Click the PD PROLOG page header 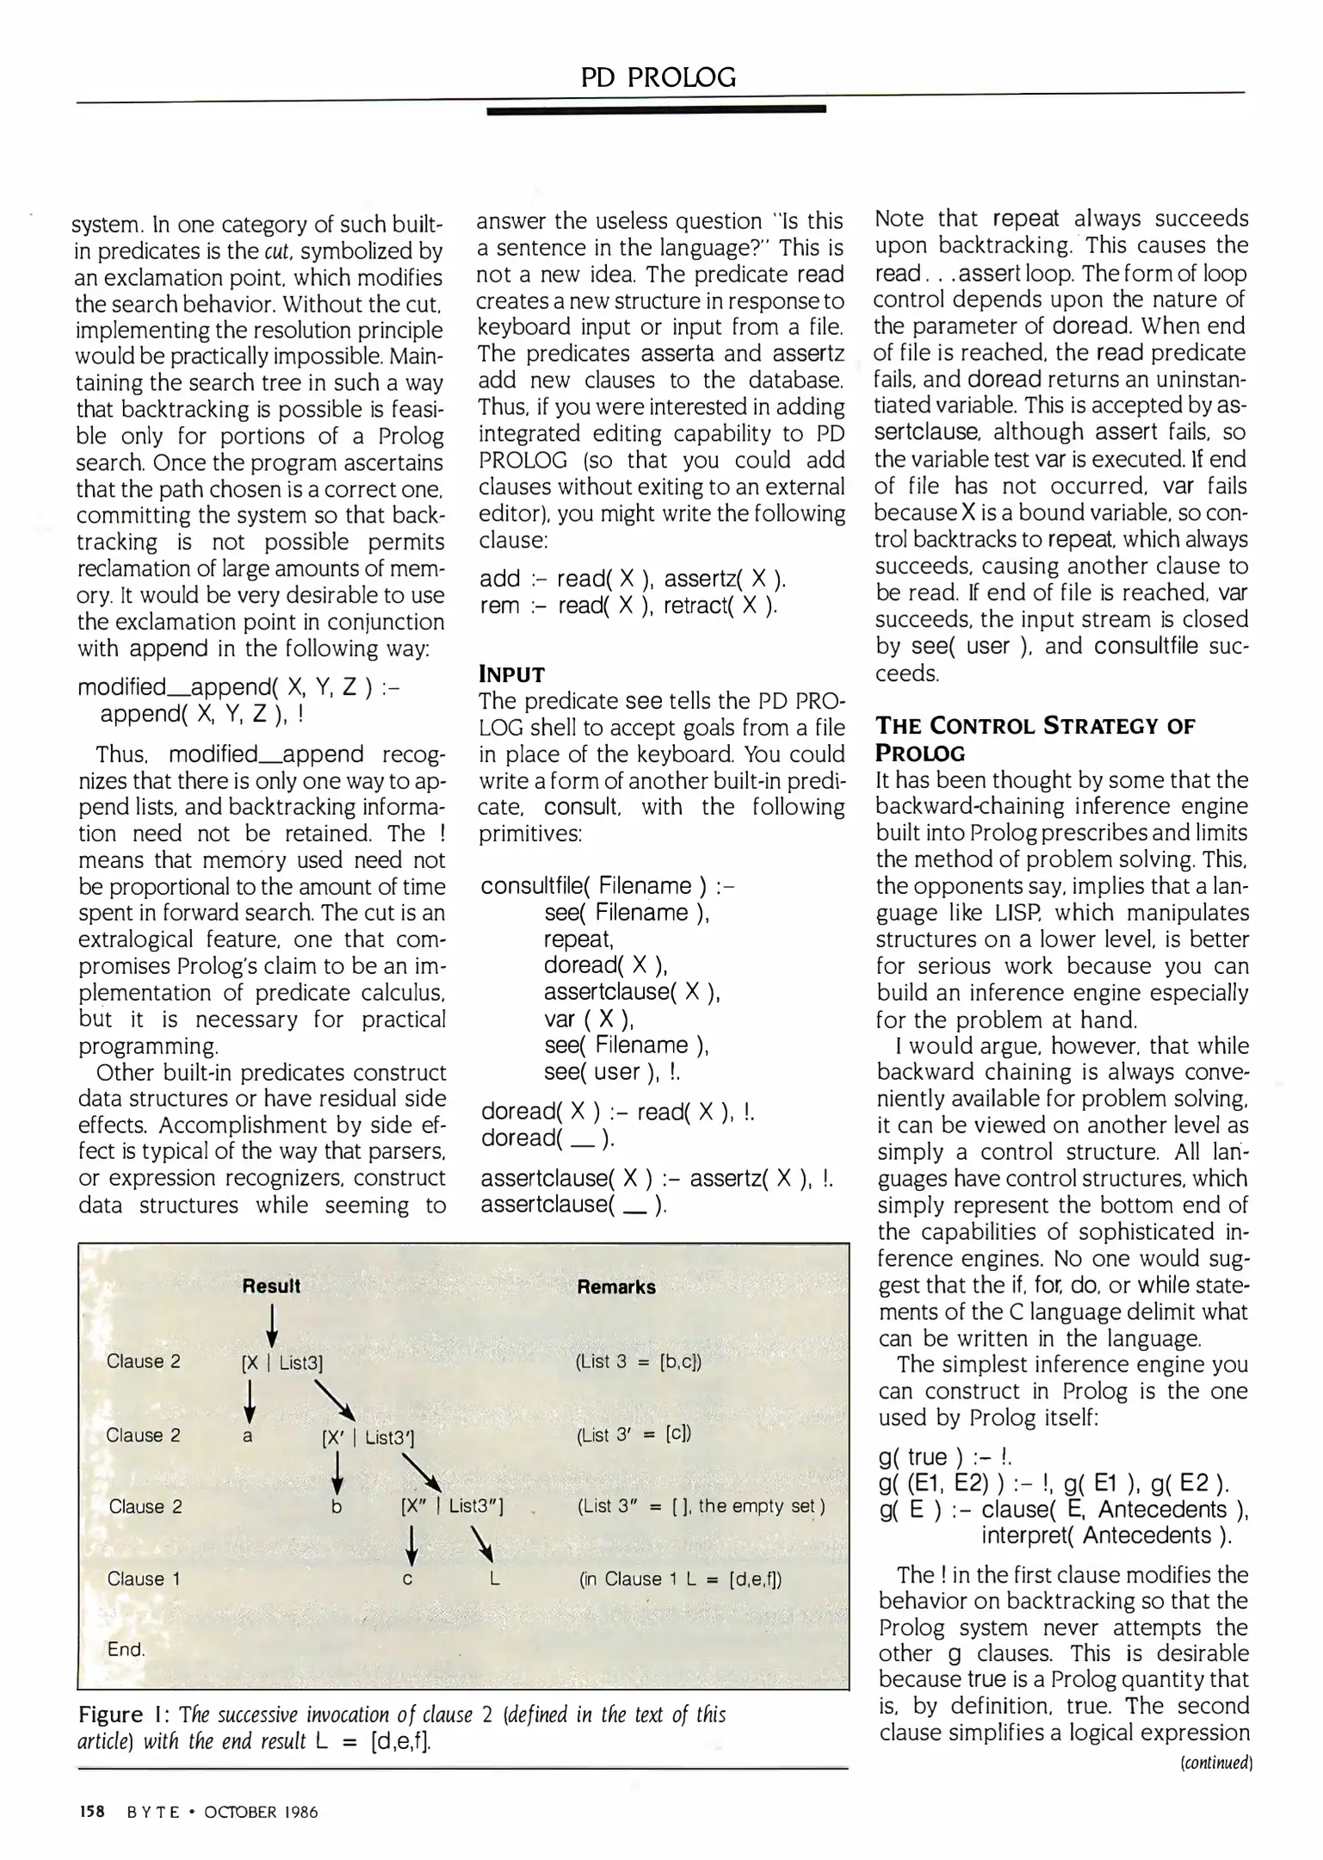658,78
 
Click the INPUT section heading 511,674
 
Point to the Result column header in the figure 271,1286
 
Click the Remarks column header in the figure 615,1287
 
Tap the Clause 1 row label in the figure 144,1579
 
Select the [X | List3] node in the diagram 282,1362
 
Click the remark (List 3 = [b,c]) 638,1362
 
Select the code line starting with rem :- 628,606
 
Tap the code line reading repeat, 578,939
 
